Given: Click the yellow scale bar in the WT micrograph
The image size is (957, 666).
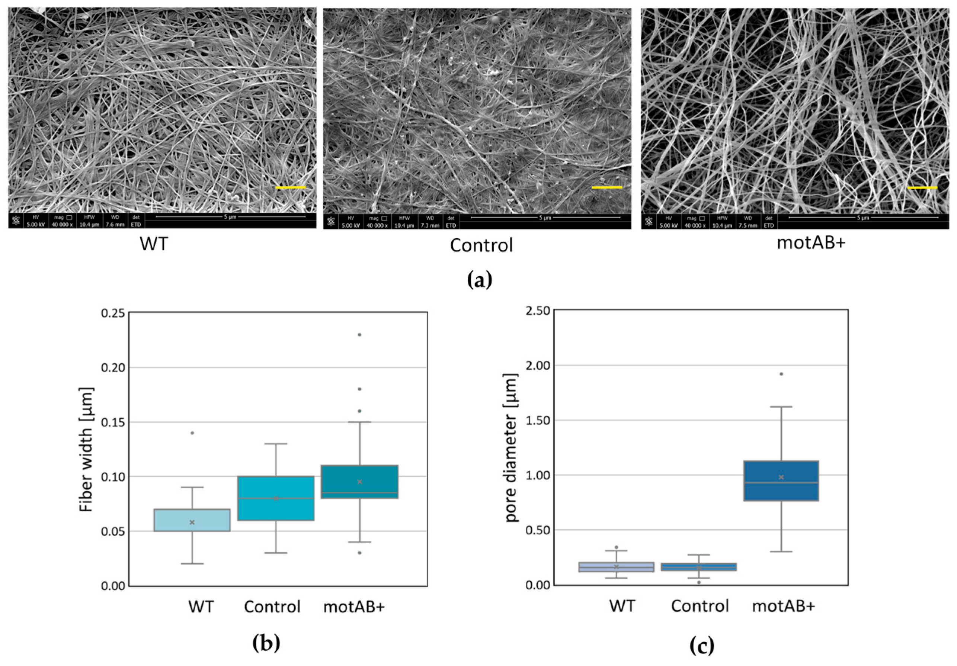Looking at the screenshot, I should [291, 187].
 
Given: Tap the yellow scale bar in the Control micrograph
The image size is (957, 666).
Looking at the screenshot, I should [606, 187].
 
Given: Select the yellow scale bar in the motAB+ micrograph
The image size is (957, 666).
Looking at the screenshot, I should [922, 188].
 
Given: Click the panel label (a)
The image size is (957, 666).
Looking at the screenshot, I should [479, 280].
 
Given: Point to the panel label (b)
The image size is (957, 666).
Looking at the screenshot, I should [266, 643].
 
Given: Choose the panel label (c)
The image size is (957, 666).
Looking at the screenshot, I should [702, 646].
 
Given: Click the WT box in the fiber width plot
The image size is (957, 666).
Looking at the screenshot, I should [192, 520].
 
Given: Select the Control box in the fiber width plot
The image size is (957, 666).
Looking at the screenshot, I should [275, 498].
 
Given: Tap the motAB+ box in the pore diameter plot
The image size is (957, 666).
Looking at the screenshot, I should [781, 481].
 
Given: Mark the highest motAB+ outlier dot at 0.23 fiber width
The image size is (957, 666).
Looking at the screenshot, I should [359, 334].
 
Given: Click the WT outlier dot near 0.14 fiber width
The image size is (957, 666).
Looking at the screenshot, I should [192, 433].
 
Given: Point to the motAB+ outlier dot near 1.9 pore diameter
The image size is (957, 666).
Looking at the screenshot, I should [781, 374].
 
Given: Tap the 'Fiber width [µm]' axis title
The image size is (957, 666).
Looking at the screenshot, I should [86, 450].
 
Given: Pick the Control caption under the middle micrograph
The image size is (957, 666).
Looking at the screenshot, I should [481, 245].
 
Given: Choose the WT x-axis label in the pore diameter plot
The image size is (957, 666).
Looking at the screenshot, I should [622, 607].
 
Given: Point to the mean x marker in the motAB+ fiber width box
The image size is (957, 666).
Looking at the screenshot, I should [359, 482].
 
